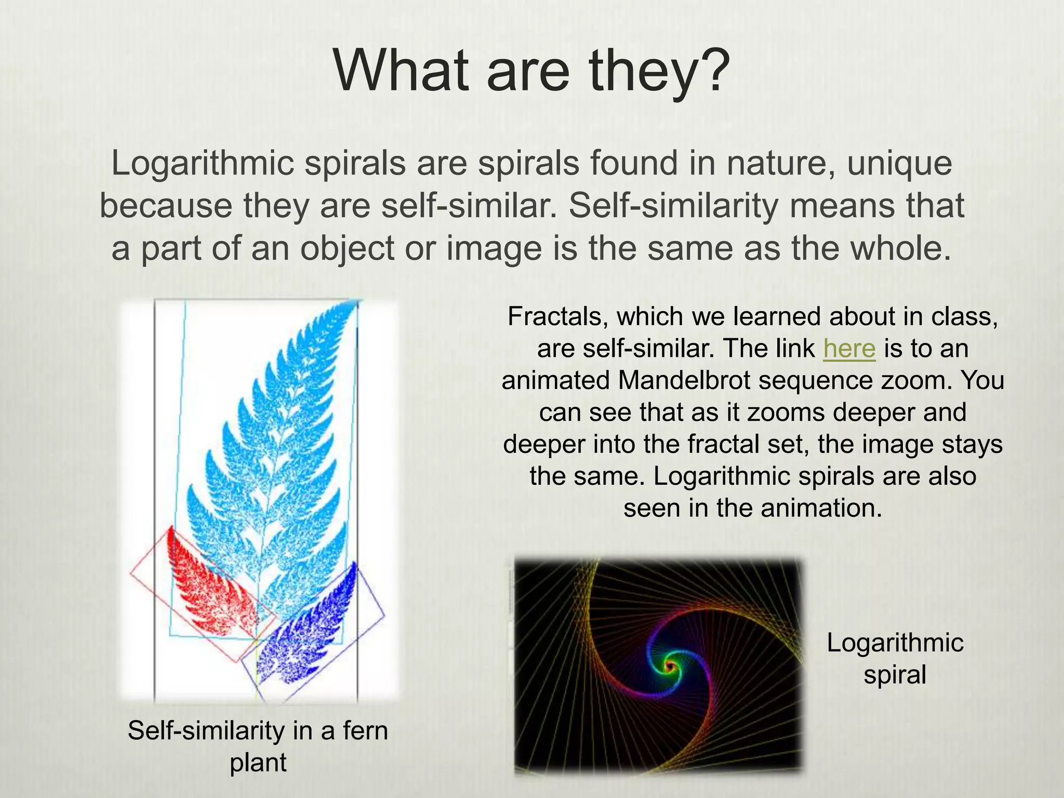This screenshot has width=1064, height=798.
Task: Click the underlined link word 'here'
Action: (x=849, y=349)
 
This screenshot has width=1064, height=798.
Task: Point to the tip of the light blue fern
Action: (x=355, y=304)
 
